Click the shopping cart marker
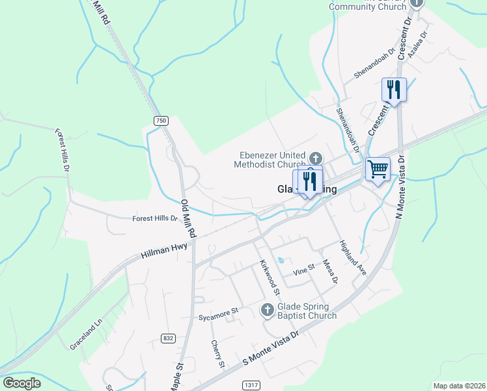[x=378, y=169]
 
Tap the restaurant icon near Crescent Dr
[x=394, y=89]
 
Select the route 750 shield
[x=161, y=121]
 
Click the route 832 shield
[x=169, y=338]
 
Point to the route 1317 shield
[x=251, y=385]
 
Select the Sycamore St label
[x=218, y=312]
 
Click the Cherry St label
[x=217, y=354]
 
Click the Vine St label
[x=303, y=268]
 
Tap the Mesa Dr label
[x=330, y=271]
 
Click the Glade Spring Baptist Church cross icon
[x=267, y=310]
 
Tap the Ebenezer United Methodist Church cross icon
[x=315, y=158]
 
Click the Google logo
[x=21, y=383]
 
